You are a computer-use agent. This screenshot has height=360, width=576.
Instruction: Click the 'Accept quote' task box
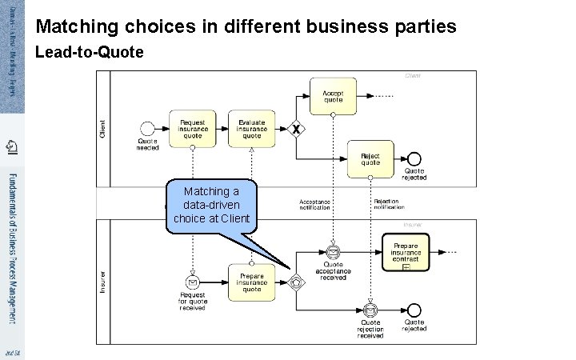point(333,96)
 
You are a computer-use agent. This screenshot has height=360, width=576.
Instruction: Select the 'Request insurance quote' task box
point(192,128)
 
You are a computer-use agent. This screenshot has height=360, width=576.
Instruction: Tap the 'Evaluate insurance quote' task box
point(251,128)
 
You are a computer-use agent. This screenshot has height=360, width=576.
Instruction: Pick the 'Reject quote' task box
point(370,158)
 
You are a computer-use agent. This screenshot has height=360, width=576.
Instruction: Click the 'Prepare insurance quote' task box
point(251,282)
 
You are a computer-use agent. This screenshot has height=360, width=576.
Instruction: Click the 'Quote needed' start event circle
point(147,128)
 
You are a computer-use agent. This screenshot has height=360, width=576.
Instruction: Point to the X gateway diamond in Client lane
point(297,129)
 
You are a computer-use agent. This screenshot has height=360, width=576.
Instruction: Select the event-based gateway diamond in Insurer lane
point(297,282)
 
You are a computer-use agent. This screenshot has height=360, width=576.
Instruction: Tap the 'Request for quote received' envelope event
point(192,282)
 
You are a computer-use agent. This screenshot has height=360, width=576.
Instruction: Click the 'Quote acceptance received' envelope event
point(333,253)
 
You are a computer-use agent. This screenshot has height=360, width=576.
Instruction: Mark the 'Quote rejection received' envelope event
point(370,310)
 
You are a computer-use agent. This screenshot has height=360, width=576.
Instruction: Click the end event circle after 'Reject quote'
point(414,158)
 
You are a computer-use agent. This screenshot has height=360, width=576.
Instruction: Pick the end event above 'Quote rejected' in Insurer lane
point(414,310)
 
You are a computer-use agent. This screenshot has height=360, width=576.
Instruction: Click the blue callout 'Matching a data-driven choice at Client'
point(211,206)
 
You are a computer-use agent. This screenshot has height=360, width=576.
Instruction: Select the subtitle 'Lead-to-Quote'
point(90,53)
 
